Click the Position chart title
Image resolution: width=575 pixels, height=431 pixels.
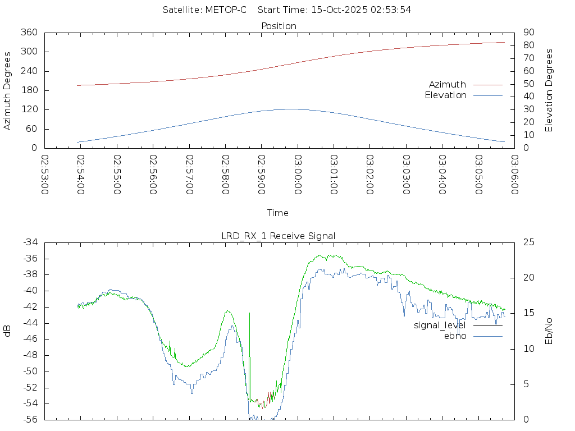pyautogui.click(x=279, y=26)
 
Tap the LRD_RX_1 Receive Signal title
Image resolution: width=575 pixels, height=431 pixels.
pyautogui.click(x=279, y=236)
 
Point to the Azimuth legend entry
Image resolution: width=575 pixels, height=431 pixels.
pyautogui.click(x=448, y=85)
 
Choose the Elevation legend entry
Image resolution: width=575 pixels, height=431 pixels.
pyautogui.click(x=446, y=95)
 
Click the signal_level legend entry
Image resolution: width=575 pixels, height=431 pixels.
pyautogui.click(x=440, y=325)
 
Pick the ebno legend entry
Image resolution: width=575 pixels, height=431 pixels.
pyautogui.click(x=455, y=336)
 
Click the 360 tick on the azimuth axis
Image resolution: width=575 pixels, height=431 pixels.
pyautogui.click(x=29, y=33)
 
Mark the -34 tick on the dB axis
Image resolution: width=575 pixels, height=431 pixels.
pyautogui.click(x=30, y=242)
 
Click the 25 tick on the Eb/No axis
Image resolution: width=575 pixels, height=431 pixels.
pyautogui.click(x=528, y=242)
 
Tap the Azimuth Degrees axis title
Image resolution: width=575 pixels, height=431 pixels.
pyautogui.click(x=8, y=90)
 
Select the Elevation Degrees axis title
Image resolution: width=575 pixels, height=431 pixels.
pyautogui.click(x=549, y=90)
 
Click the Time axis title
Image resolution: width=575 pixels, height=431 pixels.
pyautogui.click(x=278, y=213)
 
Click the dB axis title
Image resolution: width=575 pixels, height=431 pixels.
pyautogui.click(x=8, y=331)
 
